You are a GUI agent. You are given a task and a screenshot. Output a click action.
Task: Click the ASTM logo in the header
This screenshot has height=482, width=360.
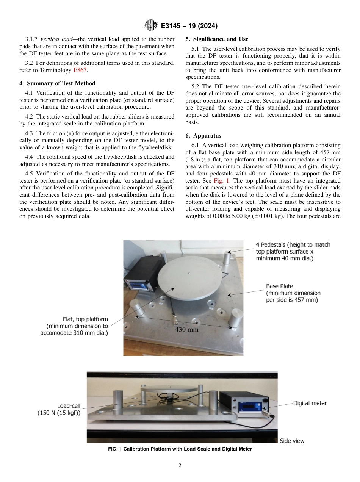150,26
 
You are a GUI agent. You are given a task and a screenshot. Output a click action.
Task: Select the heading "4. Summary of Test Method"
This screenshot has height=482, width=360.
57,83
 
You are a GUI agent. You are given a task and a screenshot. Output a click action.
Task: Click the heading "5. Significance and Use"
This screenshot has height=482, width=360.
217,39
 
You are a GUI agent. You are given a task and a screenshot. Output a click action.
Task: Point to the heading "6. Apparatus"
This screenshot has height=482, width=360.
203,135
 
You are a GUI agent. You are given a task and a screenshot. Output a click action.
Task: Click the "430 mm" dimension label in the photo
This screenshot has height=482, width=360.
186,329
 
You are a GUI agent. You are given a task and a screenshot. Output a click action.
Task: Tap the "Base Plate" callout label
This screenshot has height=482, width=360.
279,286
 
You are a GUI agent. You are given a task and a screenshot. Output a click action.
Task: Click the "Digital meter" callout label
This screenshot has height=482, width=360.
310,403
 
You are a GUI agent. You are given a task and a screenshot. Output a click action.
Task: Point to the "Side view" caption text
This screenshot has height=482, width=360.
292,441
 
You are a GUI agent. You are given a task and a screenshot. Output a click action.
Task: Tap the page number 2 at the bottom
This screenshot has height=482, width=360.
180,466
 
